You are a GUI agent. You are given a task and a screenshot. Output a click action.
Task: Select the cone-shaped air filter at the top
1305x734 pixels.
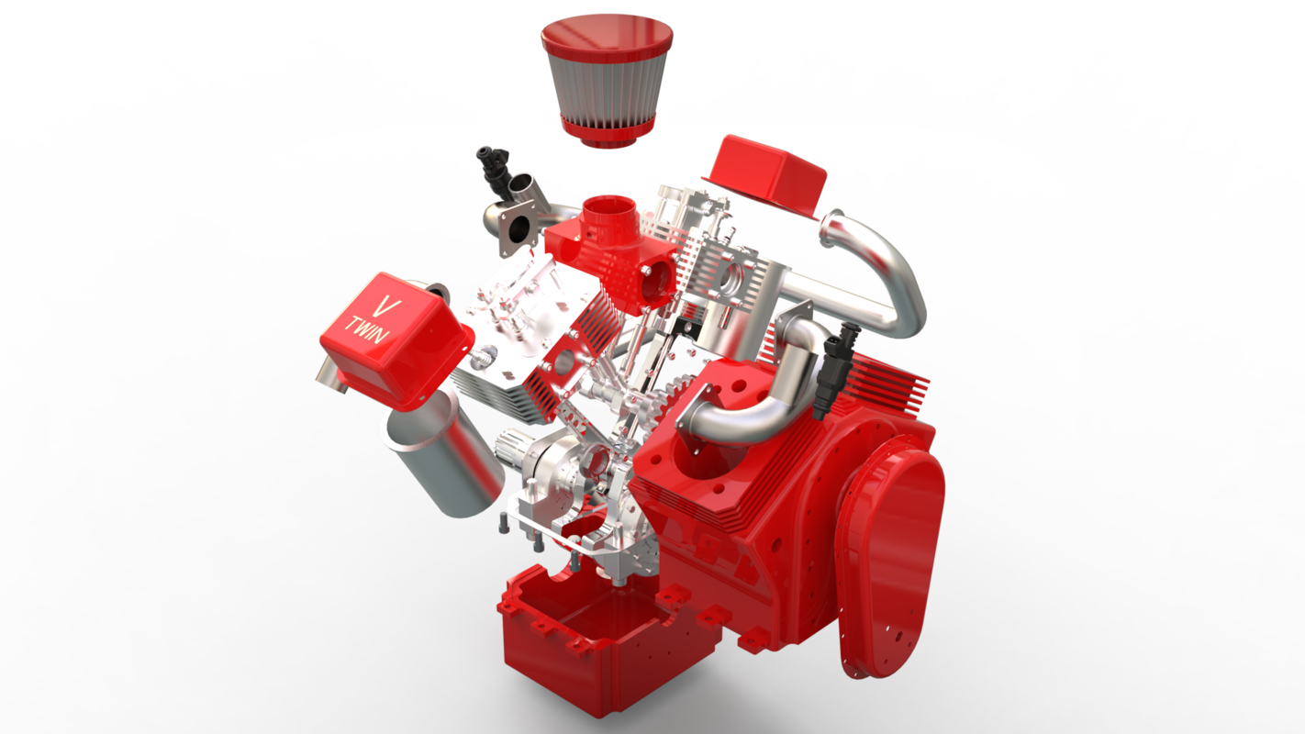coord(605,93)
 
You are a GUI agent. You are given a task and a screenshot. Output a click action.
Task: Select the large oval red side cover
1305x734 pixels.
coord(890,560)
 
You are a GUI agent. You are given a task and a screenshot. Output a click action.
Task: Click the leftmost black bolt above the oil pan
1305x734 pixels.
coord(505,525)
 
